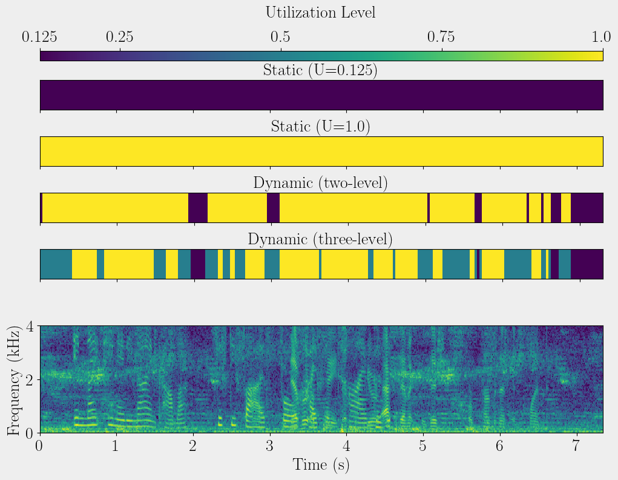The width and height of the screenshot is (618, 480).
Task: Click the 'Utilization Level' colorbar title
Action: click(320, 12)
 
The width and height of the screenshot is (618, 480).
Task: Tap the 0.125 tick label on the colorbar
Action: click(40, 38)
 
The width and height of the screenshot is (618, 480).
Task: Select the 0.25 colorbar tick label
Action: click(120, 38)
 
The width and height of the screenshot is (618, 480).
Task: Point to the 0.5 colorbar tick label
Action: click(280, 38)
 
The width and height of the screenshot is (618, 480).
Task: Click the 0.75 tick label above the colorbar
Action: click(442, 38)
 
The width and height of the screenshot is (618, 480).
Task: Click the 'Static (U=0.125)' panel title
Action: click(320, 70)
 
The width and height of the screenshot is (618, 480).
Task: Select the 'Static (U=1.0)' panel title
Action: click(320, 127)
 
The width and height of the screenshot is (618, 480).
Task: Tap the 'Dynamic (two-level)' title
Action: click(320, 183)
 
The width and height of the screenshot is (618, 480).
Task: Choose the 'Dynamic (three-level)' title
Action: click(320, 239)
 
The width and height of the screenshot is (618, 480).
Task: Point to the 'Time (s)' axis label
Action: click(321, 465)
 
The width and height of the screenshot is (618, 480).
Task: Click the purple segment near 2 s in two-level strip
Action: click(198, 208)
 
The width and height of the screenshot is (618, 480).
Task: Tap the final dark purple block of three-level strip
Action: click(587, 264)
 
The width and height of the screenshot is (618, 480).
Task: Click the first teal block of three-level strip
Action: click(56, 264)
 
